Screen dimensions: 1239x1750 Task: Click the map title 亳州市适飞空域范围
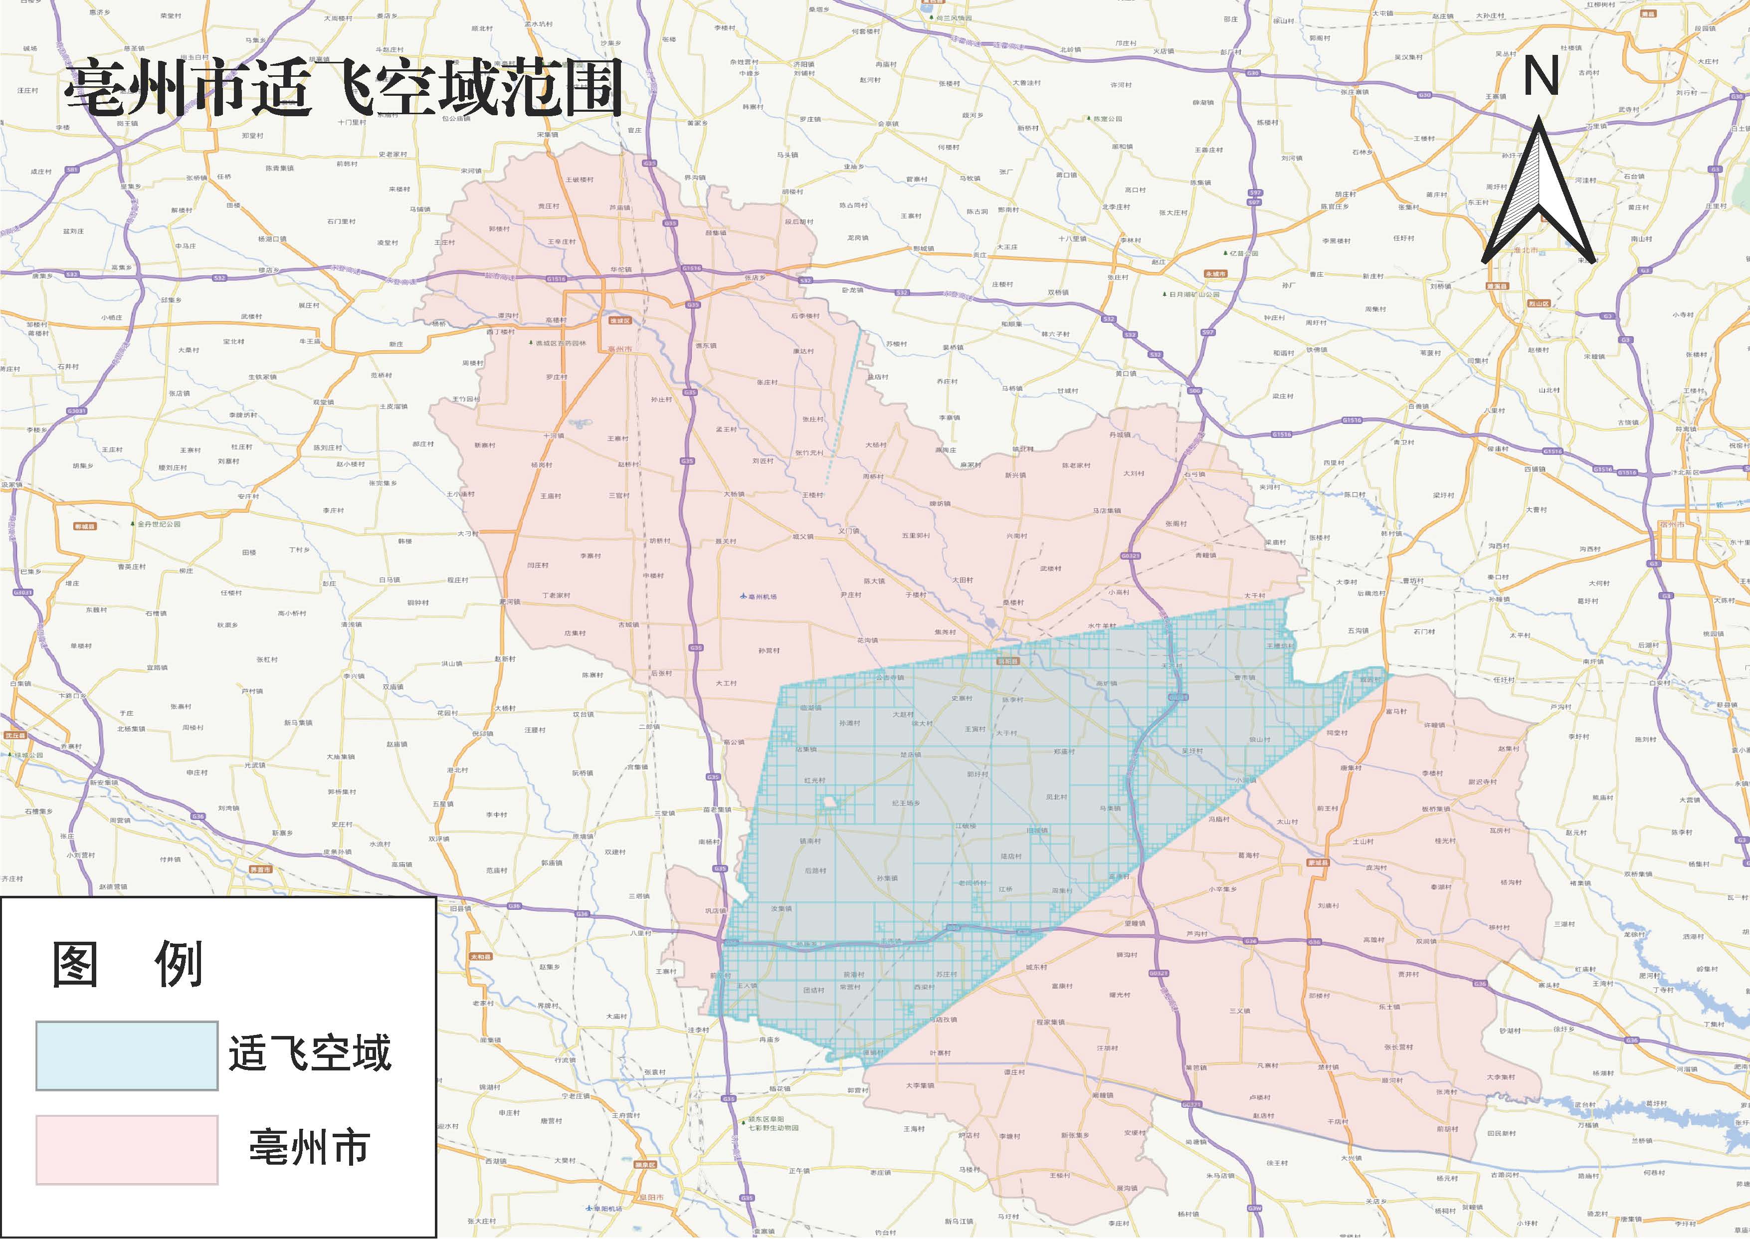[343, 90]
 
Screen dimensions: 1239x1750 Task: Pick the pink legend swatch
[127, 1150]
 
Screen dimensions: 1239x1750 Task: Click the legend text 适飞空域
[310, 1053]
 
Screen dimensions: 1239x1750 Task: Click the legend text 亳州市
[310, 1147]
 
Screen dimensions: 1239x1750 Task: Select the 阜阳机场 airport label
[603, 1209]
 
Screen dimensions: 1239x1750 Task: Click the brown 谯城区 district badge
[619, 321]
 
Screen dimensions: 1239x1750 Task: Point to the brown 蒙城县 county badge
[1318, 863]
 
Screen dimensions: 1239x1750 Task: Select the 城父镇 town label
[802, 536]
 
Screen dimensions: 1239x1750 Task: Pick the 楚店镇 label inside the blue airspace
[910, 755]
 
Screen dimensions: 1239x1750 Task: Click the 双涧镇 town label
[1426, 941]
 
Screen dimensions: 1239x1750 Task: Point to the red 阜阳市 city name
[651, 1197]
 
